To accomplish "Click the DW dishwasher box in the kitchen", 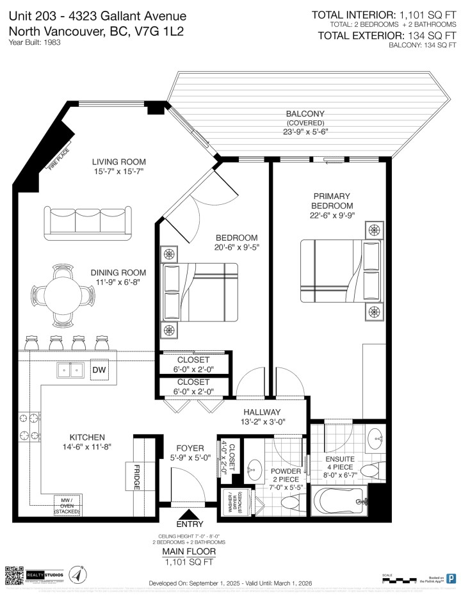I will [x=99, y=369].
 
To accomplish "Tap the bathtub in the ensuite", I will [x=338, y=501].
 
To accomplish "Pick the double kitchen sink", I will [x=70, y=370].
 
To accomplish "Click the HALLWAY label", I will [x=262, y=412].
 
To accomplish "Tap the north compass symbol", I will [x=76, y=574].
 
